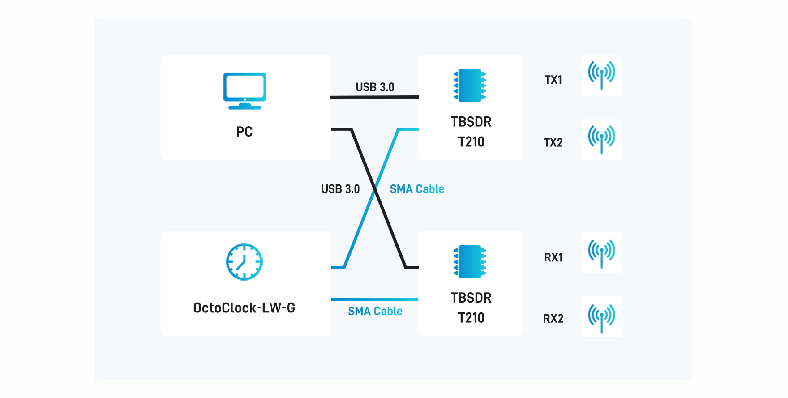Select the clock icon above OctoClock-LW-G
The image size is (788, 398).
click(x=244, y=262)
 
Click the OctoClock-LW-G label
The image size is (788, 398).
click(x=244, y=308)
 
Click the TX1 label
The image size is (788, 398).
click(x=553, y=80)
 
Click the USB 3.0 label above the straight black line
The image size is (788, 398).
click(x=375, y=87)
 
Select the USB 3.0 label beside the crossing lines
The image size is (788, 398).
click(x=340, y=189)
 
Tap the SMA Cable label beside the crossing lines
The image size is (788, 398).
click(x=417, y=189)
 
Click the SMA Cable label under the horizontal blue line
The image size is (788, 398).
click(x=375, y=311)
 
